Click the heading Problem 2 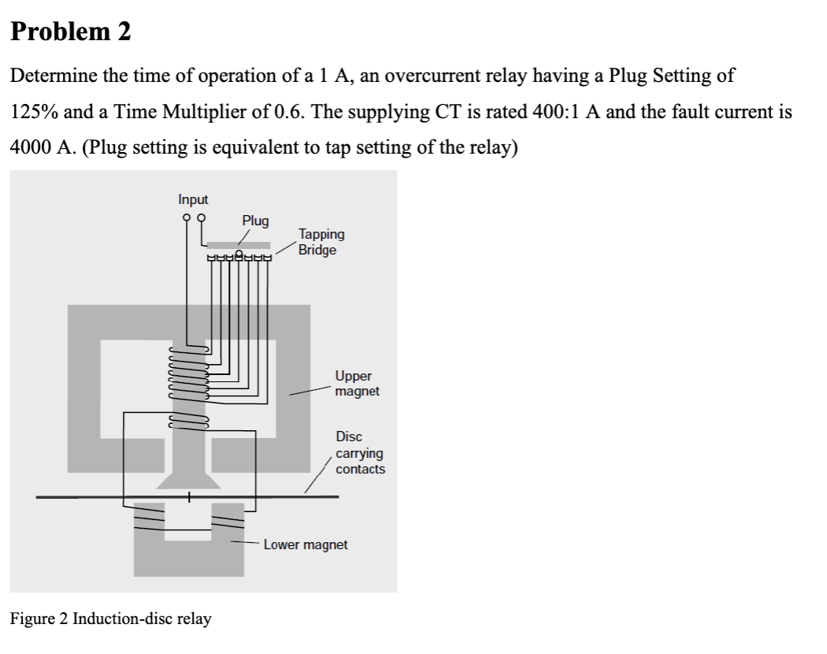coord(70,32)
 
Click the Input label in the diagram coord(193,200)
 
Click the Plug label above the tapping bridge coord(255,221)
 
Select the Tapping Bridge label coord(321,242)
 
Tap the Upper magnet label coord(357,384)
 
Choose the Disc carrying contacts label coord(360,453)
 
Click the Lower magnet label coord(305,544)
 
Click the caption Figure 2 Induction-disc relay coord(110,619)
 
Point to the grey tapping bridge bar coord(238,245)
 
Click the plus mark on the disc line coord(188,497)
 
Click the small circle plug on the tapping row coord(238,254)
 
